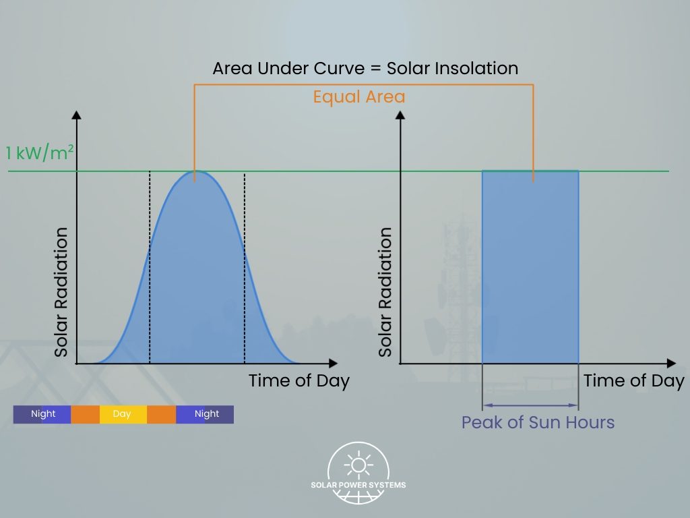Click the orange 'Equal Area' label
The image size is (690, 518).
(359, 97)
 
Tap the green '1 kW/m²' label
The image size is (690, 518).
(39, 152)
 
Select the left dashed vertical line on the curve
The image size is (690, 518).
(150, 270)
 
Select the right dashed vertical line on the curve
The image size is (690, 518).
(245, 270)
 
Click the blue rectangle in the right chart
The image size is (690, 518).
(530, 270)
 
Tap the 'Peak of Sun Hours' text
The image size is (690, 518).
(538, 423)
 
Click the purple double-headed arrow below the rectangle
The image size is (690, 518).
(530, 405)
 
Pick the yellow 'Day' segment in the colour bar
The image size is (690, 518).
(122, 414)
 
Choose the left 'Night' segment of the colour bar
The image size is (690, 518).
(42, 414)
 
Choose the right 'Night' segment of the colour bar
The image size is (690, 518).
(206, 414)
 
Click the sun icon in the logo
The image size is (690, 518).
(358, 465)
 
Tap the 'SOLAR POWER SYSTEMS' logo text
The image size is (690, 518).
(358, 485)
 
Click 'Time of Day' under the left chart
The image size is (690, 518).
(299, 380)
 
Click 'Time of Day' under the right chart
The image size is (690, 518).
(633, 380)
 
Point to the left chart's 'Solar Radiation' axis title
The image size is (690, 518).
(61, 292)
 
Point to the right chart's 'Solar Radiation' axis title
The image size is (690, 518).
(385, 292)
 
